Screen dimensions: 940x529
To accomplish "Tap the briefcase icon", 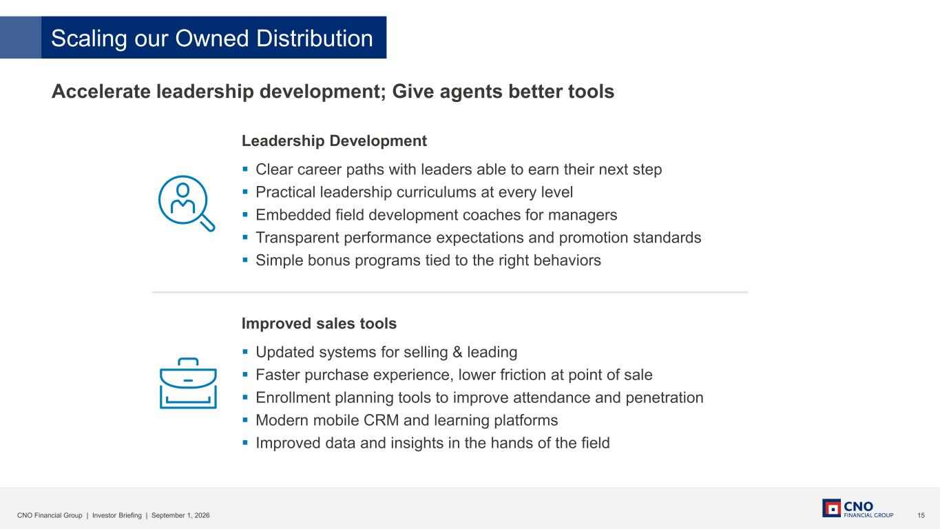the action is [188, 383].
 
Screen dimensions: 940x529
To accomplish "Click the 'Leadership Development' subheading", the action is [334, 141].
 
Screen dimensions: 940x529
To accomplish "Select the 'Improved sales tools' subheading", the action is [319, 323].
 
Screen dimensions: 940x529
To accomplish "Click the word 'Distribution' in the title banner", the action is [314, 38].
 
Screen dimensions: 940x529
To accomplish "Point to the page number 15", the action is [921, 515].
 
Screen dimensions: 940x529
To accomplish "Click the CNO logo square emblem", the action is [831, 508].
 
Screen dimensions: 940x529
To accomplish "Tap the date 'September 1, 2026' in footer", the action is [180, 515].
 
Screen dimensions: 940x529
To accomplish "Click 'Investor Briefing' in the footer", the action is [117, 515].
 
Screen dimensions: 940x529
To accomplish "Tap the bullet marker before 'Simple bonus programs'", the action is [245, 260].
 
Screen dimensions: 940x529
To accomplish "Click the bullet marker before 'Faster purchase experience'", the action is [245, 375].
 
